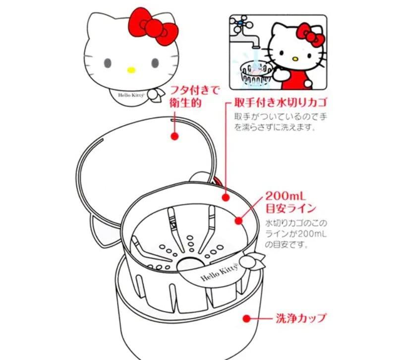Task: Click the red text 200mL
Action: tap(286, 194)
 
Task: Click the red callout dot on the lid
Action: tap(174, 135)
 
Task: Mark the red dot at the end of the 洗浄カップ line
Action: tap(246, 318)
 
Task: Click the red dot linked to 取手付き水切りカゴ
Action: tap(225, 197)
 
